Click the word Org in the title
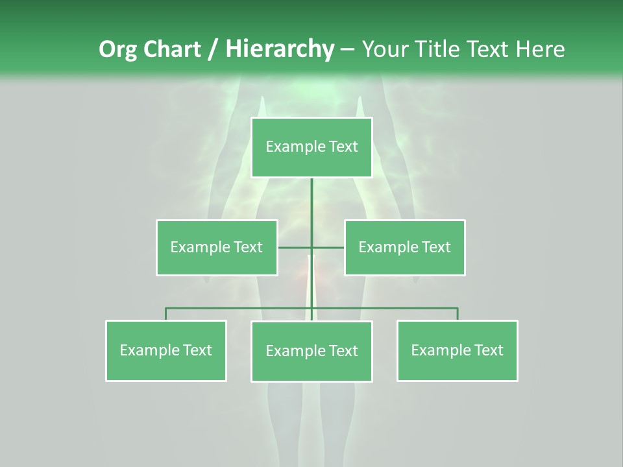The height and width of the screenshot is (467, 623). (117, 49)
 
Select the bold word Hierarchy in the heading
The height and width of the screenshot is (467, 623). (280, 49)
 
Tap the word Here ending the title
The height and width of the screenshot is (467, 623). (540, 49)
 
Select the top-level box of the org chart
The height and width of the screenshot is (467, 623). (311, 147)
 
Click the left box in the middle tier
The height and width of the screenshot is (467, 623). (217, 247)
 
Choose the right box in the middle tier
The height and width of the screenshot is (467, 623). (404, 247)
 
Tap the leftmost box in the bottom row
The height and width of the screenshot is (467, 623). (166, 350)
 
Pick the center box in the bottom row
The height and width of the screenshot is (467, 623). (311, 351)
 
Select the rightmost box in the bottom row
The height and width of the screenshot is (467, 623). (457, 350)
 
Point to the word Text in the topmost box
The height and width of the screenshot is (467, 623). (343, 147)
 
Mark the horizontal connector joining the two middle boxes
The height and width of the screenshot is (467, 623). (295, 247)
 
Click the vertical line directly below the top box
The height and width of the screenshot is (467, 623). (311, 201)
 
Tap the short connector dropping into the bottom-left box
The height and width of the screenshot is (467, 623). (166, 314)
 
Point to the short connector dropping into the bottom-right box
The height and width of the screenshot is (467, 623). (458, 314)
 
